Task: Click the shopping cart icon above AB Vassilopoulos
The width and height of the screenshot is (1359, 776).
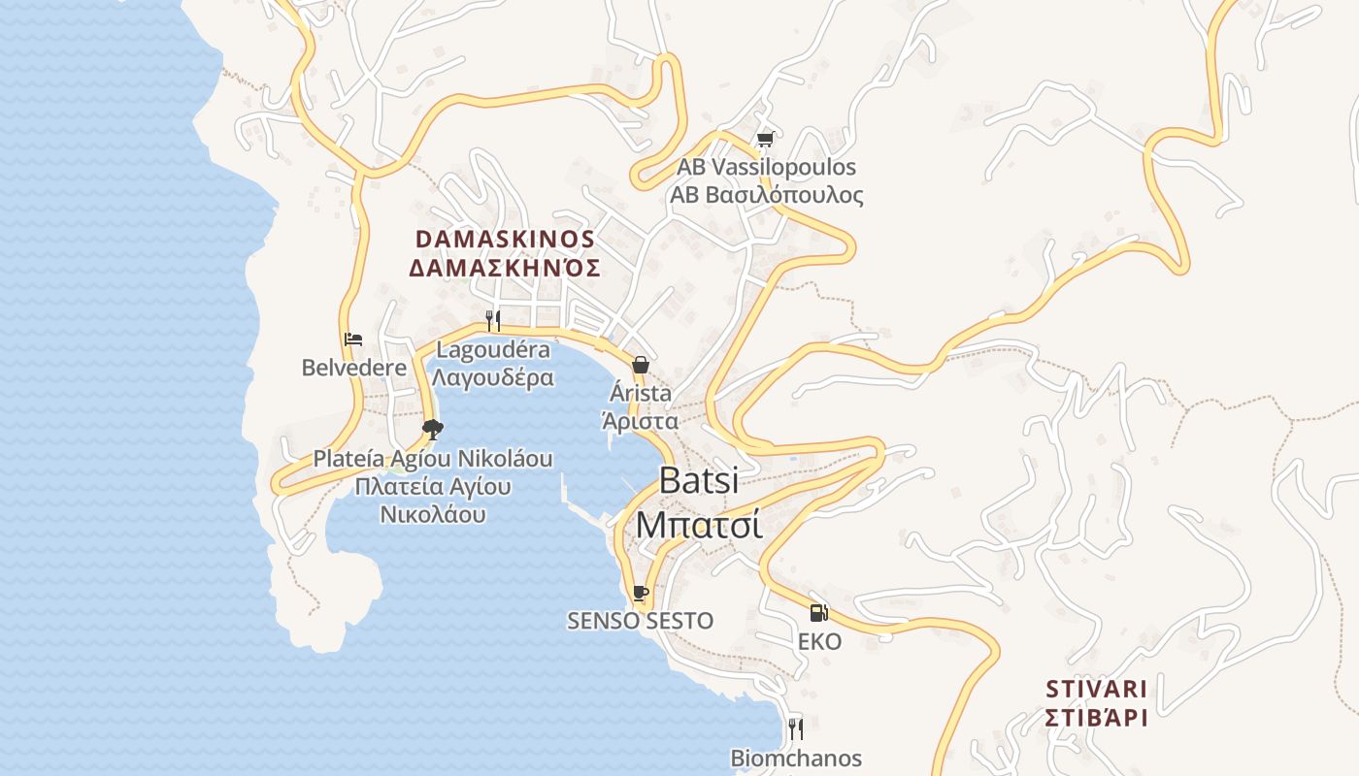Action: point(765,140)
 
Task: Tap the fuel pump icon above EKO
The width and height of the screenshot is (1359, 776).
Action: point(818,612)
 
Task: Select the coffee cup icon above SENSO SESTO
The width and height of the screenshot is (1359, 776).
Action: point(640,592)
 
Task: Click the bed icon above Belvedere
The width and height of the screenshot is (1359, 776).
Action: point(353,339)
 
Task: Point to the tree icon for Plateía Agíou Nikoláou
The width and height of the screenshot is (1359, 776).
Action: point(433,429)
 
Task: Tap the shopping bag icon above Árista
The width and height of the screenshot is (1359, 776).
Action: point(641,365)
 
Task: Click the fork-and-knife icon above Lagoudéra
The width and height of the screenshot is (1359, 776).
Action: point(493,320)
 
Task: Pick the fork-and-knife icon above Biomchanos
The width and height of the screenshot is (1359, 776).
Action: point(796,727)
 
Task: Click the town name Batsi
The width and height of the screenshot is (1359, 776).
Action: point(699,480)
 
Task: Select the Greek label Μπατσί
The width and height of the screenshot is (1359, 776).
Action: point(699,524)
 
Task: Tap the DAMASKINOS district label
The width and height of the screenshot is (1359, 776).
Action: point(505,239)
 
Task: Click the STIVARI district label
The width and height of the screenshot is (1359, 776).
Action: point(1097,689)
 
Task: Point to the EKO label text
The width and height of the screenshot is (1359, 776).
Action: point(819,641)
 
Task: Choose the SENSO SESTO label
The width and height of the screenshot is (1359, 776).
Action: point(641,621)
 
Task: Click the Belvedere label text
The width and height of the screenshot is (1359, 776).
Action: point(353,368)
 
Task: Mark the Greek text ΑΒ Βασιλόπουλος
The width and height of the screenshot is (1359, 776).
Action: point(766,195)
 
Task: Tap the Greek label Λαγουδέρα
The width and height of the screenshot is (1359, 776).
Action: point(493,377)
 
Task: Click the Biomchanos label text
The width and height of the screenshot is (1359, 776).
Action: point(796,758)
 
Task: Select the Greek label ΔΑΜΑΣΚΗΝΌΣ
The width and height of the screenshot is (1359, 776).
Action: point(505,268)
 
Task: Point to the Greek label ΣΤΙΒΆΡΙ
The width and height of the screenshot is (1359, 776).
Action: point(1097,718)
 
